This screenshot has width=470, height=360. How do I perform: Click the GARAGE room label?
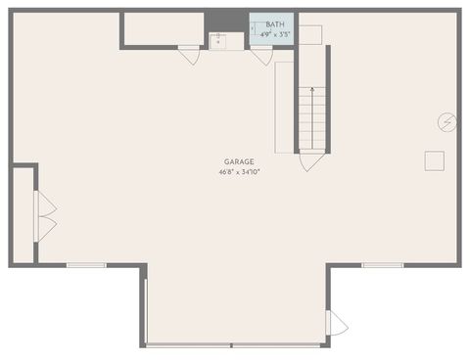tap(239, 161)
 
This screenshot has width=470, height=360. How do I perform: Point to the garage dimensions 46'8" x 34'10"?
tap(239, 172)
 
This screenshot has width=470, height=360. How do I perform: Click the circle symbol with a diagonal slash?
tap(446, 121)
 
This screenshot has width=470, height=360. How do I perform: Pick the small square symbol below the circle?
tap(435, 161)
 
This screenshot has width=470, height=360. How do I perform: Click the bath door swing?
tap(260, 56)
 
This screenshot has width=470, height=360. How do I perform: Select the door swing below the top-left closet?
tap(190, 56)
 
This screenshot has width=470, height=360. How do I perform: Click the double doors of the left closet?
tap(45, 215)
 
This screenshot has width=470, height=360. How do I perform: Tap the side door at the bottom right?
tap(336, 322)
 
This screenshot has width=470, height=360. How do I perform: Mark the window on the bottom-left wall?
tap(86, 265)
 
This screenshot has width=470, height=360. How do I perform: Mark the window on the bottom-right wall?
tap(383, 265)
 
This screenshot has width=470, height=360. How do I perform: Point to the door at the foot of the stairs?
tap(312, 160)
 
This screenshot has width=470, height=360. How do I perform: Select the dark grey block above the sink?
tap(225, 21)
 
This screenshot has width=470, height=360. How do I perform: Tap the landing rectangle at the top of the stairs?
tap(310, 35)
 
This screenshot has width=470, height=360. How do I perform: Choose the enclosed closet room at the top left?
tap(162, 28)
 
